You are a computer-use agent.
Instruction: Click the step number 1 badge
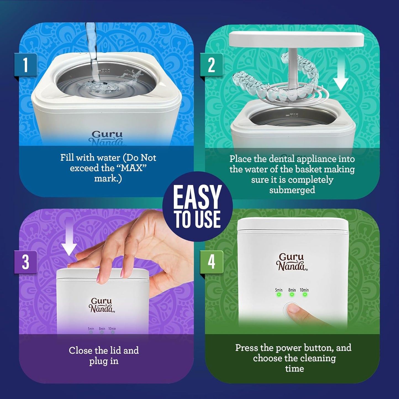[26, 65]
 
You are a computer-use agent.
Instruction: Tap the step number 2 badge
[211, 65]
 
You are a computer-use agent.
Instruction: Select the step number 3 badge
[26, 262]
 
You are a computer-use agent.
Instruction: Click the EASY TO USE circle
[197, 206]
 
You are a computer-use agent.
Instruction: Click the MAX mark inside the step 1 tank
[105, 71]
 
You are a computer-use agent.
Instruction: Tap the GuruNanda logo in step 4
[291, 261]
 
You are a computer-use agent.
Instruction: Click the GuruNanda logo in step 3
[102, 305]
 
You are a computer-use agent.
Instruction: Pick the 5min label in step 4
[279, 290]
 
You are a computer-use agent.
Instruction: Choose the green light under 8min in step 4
[292, 295]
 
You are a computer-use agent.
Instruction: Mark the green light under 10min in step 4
[305, 295]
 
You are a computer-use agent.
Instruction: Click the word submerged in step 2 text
[292, 190]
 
